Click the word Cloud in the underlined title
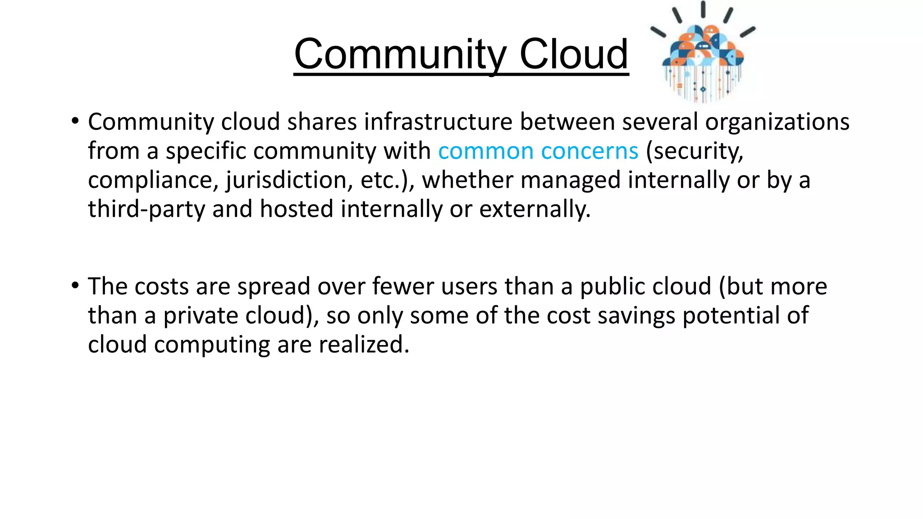coord(574,54)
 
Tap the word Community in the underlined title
coord(400,54)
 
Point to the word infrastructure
coord(438,122)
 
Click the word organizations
coord(777,123)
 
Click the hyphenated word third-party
coord(146,209)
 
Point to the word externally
coord(535,209)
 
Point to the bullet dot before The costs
coord(75,285)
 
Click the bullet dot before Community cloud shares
coord(75,121)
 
